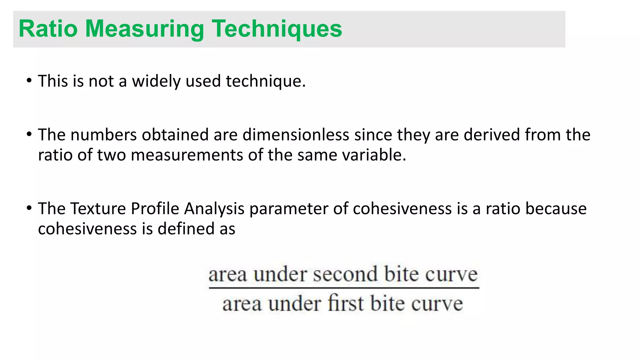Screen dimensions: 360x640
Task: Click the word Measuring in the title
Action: (x=145, y=29)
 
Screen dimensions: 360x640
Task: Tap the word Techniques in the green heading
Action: (x=277, y=29)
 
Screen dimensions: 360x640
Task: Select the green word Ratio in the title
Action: (x=48, y=29)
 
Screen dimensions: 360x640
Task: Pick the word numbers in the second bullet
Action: (x=104, y=135)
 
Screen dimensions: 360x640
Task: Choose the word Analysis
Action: (x=214, y=209)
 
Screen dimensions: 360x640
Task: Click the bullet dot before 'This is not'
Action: (x=29, y=81)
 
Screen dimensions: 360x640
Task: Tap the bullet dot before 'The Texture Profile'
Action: (x=29, y=208)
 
